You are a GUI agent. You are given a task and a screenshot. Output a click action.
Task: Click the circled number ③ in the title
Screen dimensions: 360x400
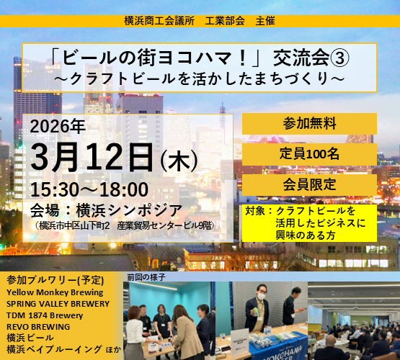click(305, 57)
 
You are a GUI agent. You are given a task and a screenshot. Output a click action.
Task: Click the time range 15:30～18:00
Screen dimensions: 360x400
click(89, 190)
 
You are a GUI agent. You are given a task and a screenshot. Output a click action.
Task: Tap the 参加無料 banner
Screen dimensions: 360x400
click(308, 123)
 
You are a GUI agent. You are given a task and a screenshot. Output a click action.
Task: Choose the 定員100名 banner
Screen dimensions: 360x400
click(308, 153)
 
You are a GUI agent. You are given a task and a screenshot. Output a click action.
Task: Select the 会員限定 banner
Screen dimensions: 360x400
click(308, 184)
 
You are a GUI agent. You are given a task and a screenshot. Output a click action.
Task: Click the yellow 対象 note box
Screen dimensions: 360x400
click(309, 223)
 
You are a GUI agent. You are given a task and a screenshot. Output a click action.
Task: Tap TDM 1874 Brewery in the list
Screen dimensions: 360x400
click(45, 315)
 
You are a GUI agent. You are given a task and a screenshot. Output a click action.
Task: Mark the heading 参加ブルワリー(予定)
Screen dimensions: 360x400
click(55, 281)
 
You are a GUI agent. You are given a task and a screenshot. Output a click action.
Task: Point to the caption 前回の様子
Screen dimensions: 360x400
click(146, 276)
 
